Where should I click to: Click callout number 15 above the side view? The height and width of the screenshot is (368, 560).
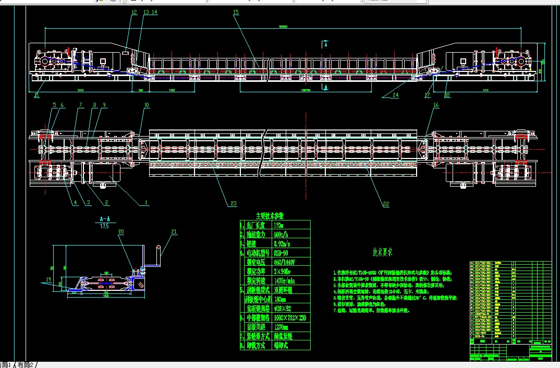pos(236,11)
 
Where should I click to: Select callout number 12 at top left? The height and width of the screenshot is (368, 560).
pos(134,11)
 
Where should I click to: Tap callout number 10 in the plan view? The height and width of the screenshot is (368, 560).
pos(147,105)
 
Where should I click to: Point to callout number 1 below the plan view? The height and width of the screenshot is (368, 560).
pos(147,202)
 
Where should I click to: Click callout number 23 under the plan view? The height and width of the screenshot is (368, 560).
pos(233,203)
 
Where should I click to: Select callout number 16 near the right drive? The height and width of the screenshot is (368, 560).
pos(436,105)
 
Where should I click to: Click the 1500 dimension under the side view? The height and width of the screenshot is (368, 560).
pos(172,90)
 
